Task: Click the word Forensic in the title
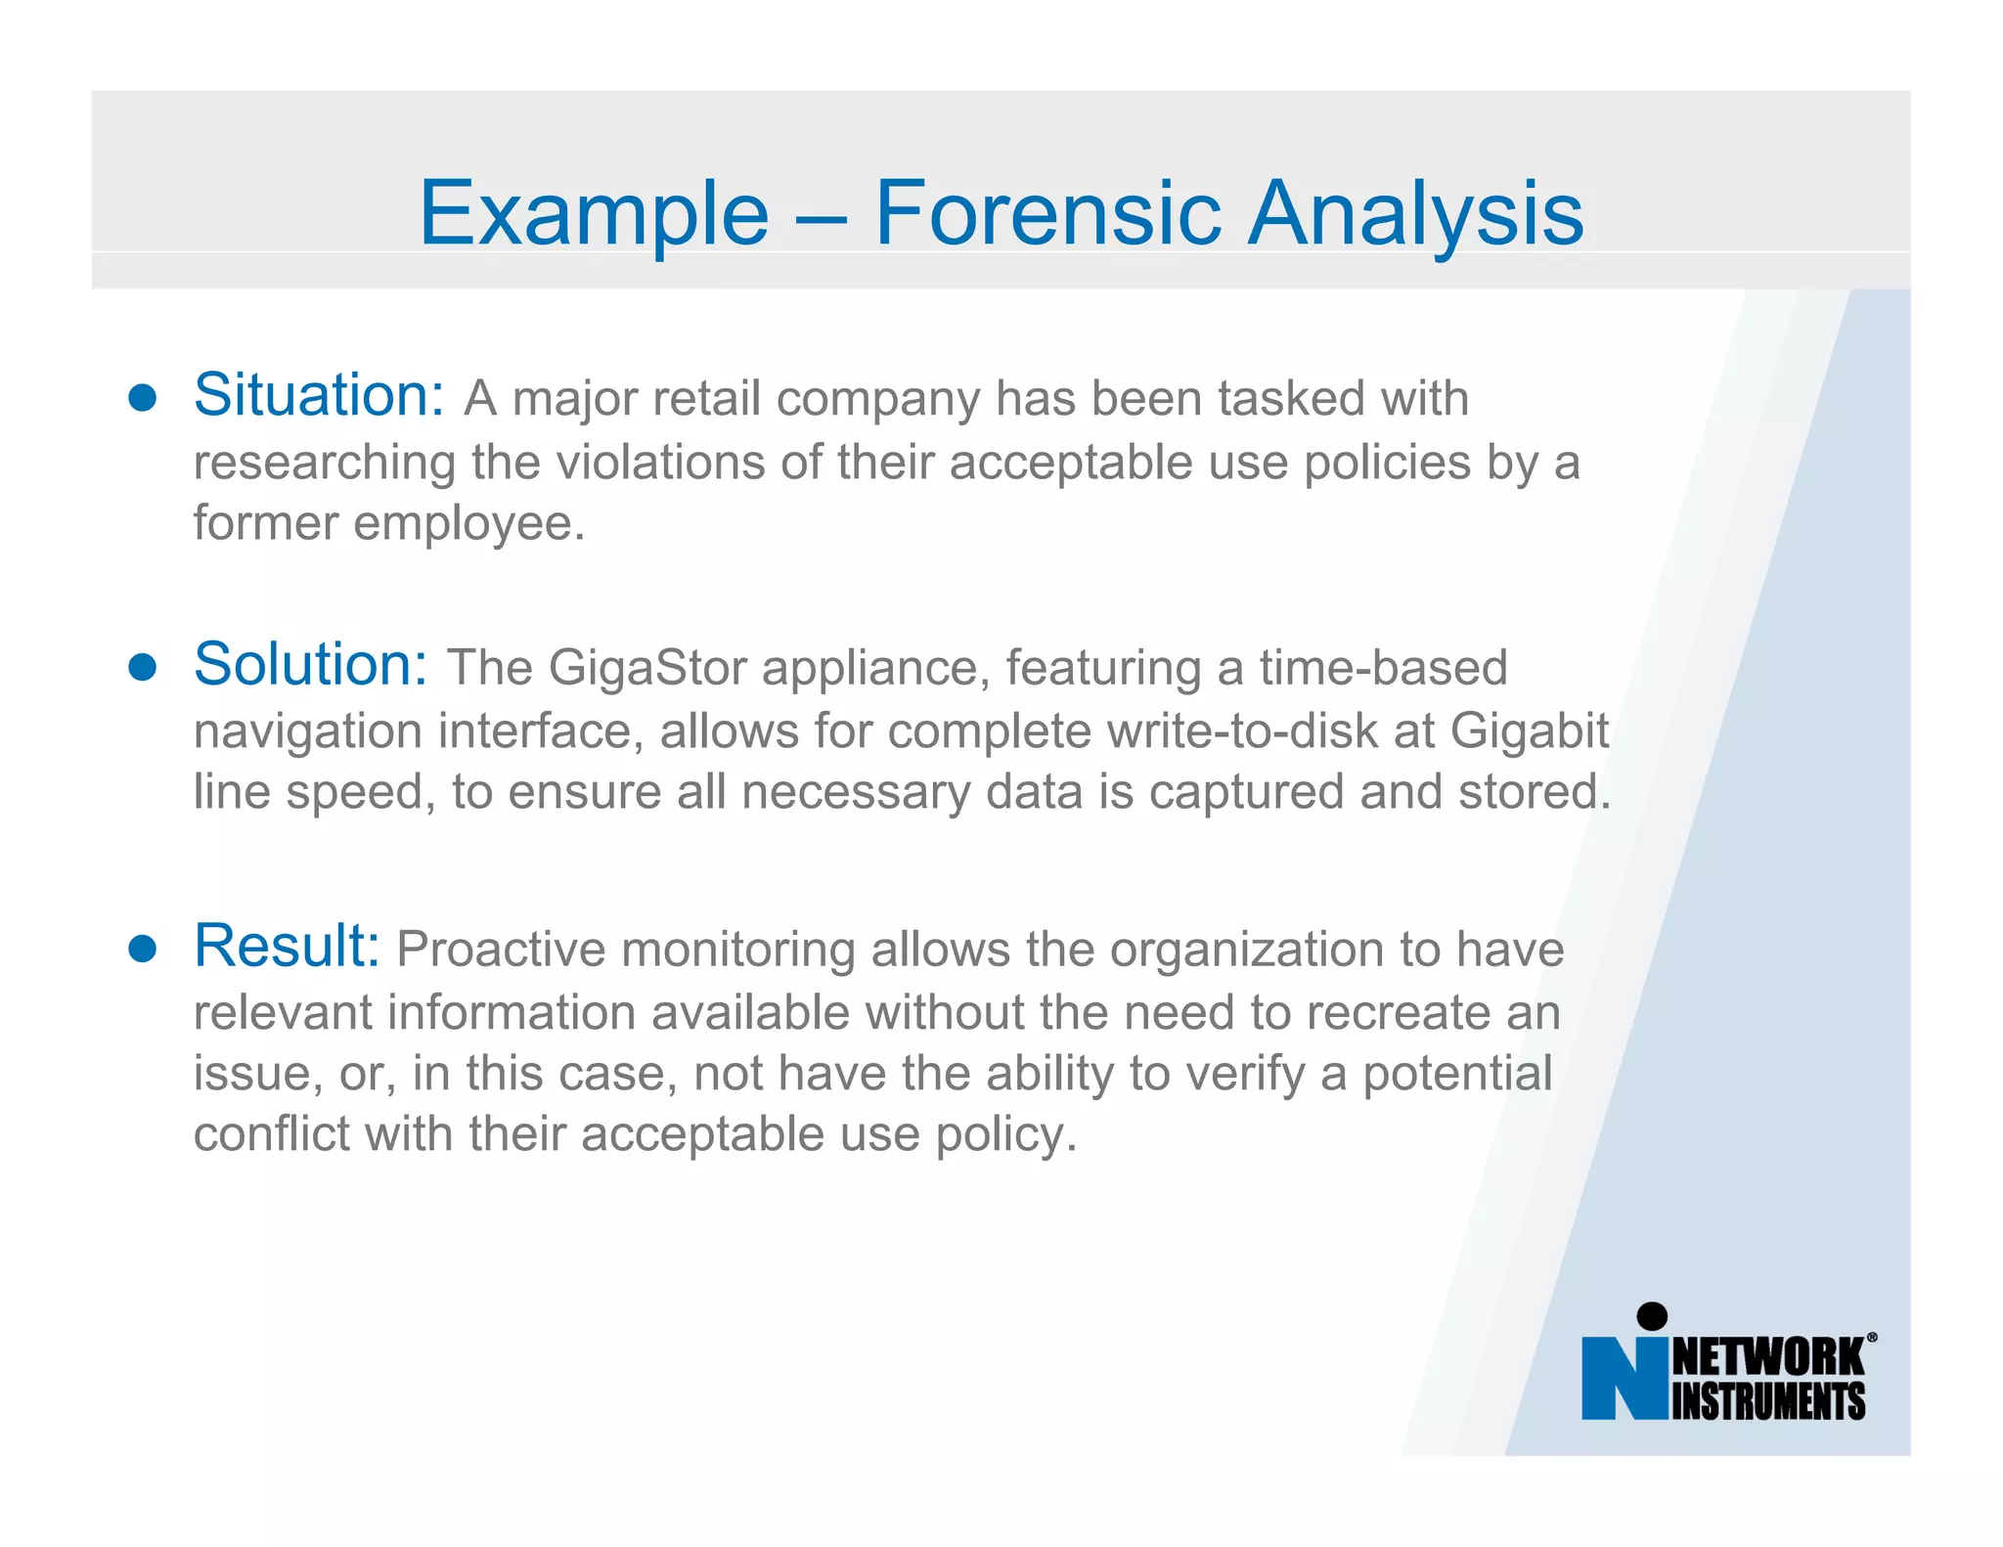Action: pyautogui.click(x=1047, y=213)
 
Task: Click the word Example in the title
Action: pyautogui.click(x=594, y=213)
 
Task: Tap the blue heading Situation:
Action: pyautogui.click(x=319, y=395)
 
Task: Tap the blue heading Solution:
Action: pyautogui.click(x=311, y=664)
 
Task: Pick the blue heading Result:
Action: pyautogui.click(x=287, y=946)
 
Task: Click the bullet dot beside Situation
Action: pyautogui.click(x=143, y=398)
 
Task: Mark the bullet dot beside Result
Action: pyautogui.click(x=143, y=949)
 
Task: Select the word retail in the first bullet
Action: pyautogui.click(x=706, y=399)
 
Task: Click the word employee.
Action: pyautogui.click(x=468, y=523)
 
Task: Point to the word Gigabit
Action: pyautogui.click(x=1529, y=730)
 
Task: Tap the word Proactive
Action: pyautogui.click(x=501, y=950)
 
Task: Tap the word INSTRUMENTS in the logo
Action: pyautogui.click(x=1768, y=1401)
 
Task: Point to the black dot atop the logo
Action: pyautogui.click(x=1652, y=1316)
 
